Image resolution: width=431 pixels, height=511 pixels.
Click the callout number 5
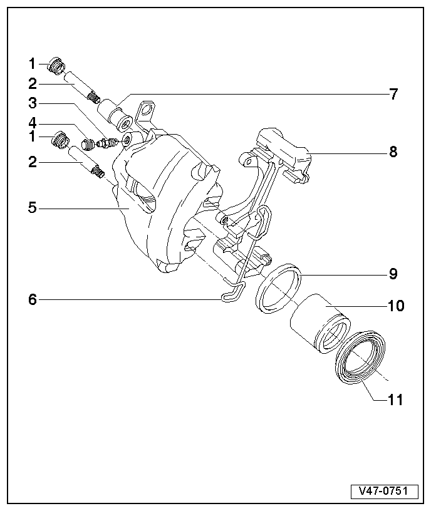pos(32,207)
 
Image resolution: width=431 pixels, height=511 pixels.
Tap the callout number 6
pos(32,300)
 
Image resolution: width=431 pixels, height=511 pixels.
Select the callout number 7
pos(393,95)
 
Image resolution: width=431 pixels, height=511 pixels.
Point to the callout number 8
pos(393,152)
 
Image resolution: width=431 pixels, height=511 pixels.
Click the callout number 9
pos(393,274)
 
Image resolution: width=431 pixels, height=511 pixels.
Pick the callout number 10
pos(395,306)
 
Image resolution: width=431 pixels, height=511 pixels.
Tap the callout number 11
pos(395,399)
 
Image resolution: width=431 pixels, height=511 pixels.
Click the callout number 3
pos(32,102)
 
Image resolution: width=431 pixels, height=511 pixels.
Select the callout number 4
pos(32,122)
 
